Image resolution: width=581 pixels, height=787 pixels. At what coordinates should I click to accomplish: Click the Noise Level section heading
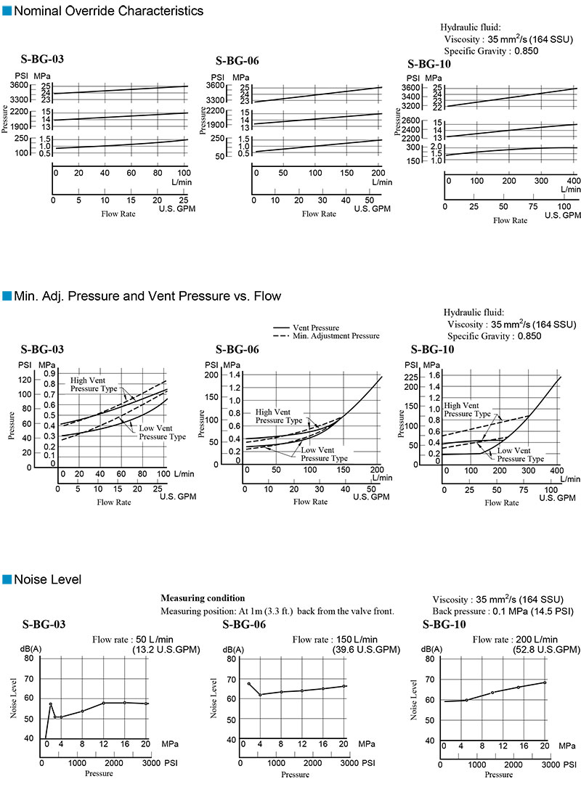click(x=48, y=579)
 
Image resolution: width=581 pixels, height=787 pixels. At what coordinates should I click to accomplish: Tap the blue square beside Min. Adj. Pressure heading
click(x=7, y=296)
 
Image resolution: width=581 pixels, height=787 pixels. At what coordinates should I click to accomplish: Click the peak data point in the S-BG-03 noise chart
click(x=50, y=704)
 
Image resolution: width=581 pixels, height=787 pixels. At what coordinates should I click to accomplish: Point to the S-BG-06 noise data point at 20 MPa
click(x=344, y=686)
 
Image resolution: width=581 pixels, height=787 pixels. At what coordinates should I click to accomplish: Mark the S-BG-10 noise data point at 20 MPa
click(x=544, y=682)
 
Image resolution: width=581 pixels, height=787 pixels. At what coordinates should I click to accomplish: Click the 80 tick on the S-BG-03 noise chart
click(x=28, y=658)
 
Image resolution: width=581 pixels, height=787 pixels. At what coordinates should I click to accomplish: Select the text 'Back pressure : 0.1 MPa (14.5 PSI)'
click(x=503, y=611)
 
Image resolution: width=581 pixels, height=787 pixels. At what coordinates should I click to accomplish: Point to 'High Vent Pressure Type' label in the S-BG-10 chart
click(x=461, y=409)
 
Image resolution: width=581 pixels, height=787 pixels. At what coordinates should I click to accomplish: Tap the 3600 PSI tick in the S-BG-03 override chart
click(x=19, y=86)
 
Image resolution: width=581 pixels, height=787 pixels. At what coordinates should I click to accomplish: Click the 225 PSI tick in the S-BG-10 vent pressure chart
click(x=410, y=378)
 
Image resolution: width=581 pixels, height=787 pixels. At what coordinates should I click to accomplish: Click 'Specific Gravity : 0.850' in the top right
click(x=494, y=52)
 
